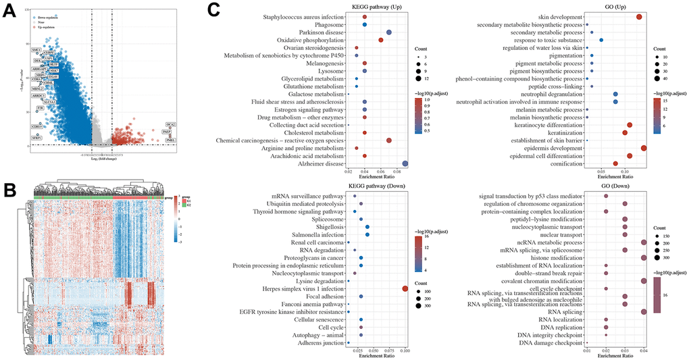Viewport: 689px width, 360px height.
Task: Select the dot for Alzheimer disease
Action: [405, 163]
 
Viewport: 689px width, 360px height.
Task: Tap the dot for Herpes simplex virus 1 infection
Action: [405, 288]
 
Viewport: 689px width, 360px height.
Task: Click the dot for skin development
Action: [639, 16]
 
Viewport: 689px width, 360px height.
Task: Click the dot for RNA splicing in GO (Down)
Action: [644, 311]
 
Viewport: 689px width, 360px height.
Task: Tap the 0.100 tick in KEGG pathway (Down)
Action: [405, 351]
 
